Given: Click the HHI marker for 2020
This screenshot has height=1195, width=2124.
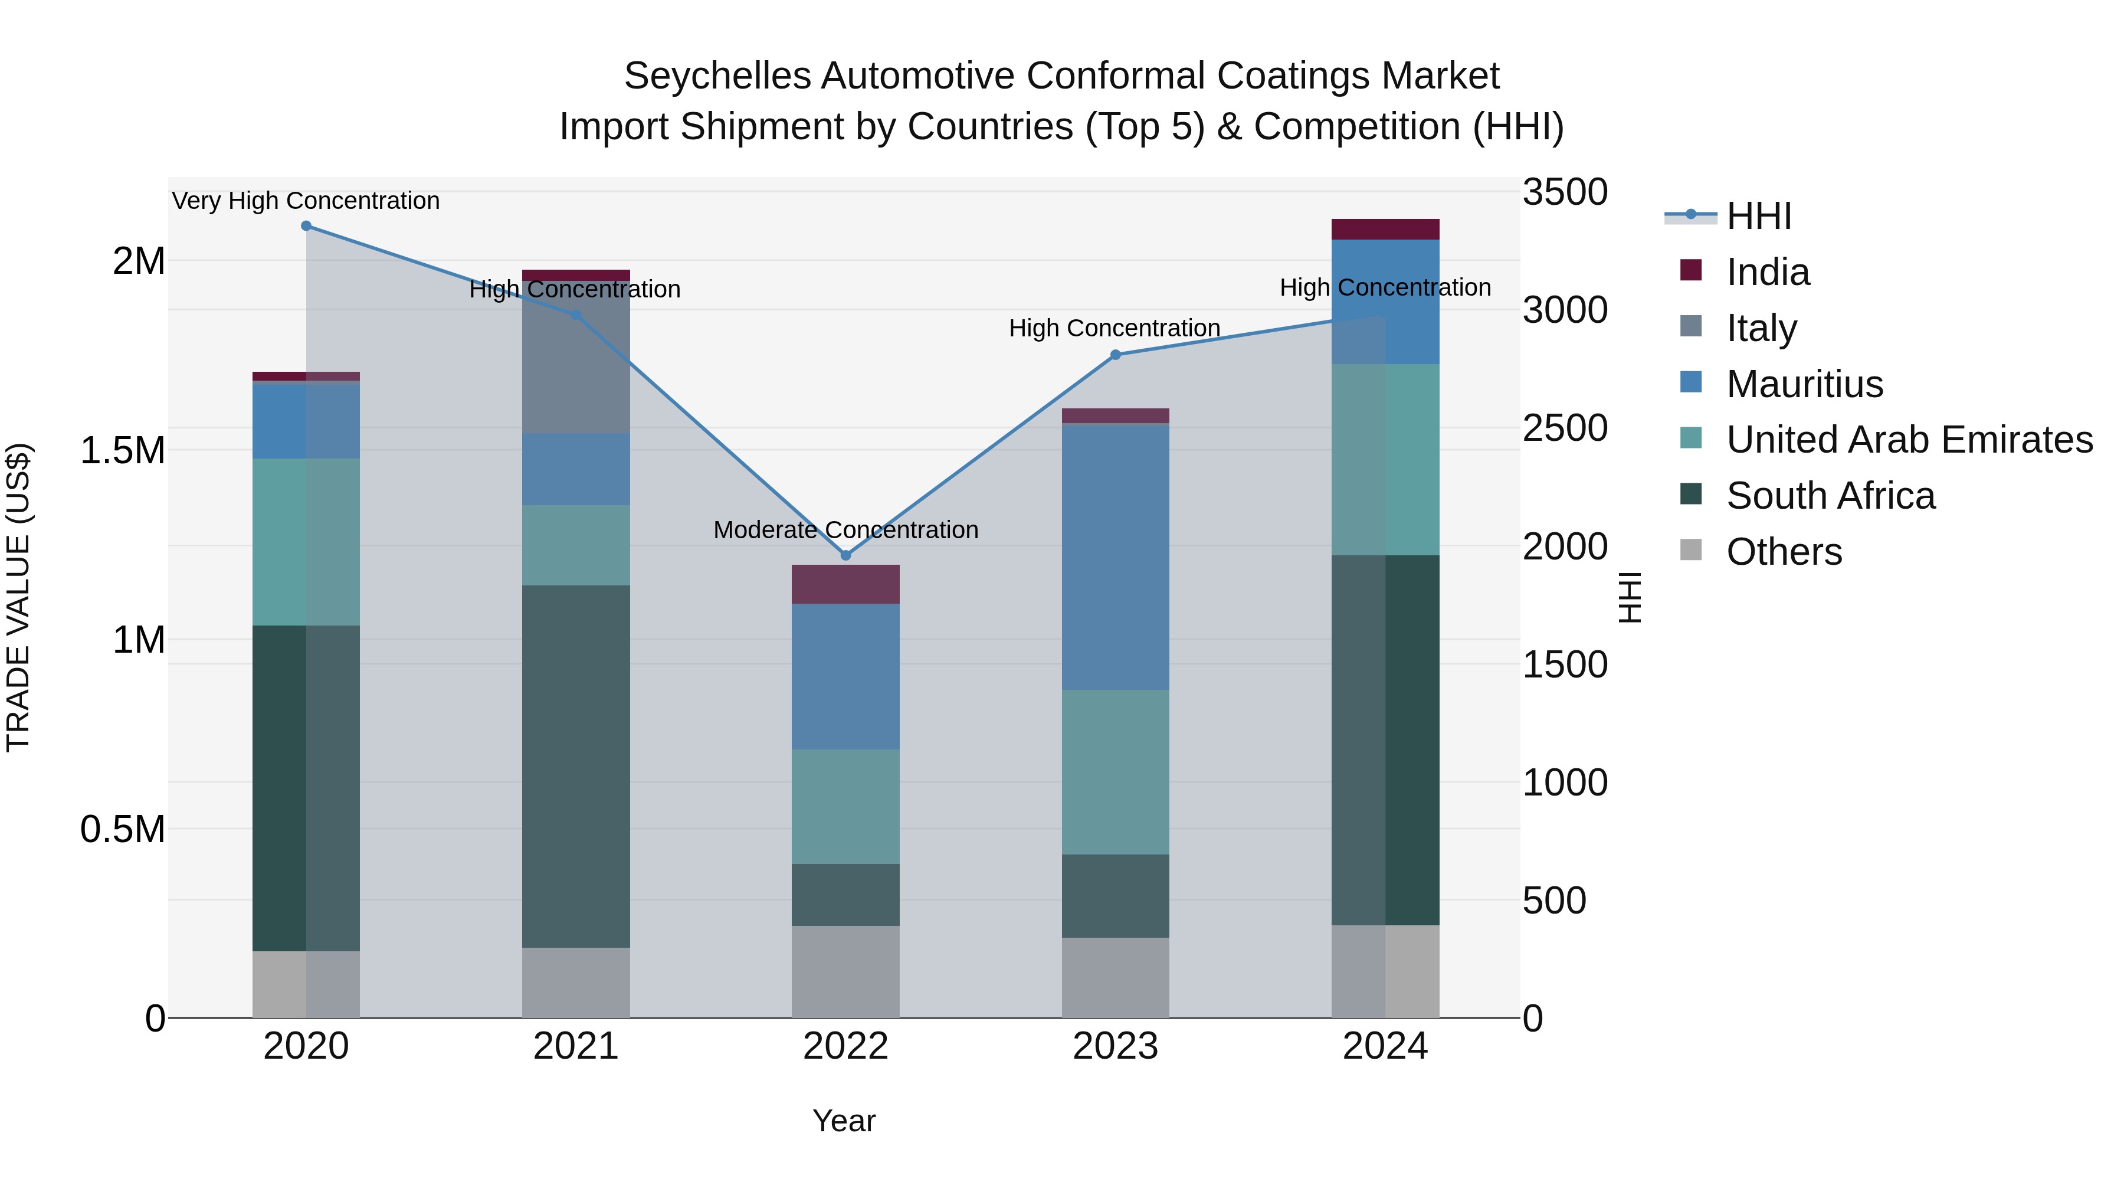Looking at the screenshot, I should tap(306, 226).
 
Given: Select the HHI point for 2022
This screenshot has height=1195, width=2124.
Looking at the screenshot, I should tap(845, 556).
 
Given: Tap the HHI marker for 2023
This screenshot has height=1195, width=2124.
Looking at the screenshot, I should tap(1115, 355).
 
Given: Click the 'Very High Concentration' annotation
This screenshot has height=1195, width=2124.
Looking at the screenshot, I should tap(306, 201).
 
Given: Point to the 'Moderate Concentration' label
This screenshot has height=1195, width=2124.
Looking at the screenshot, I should tap(845, 529).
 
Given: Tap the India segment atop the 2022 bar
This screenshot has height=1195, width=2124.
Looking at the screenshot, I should tap(845, 584).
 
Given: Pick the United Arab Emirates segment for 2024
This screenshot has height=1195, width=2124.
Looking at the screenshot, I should tap(1385, 459).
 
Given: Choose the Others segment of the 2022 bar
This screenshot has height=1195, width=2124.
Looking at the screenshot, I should tap(845, 971).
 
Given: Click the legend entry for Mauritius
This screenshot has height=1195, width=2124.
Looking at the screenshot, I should tap(1804, 384).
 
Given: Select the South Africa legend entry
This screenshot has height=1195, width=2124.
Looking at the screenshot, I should tap(1830, 496).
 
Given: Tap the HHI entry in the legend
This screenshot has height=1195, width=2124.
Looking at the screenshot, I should tap(1758, 216).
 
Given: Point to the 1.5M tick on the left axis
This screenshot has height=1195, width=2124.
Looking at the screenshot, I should tap(123, 450).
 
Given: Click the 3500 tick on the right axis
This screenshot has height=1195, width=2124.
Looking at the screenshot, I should tap(1564, 192).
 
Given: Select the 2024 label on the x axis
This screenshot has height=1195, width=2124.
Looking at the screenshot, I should tap(1385, 1046).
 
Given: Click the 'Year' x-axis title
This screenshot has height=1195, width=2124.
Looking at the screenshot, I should tap(844, 1121).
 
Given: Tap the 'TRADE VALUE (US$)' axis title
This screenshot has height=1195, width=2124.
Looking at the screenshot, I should tap(18, 597).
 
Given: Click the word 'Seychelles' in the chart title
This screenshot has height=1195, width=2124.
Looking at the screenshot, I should tap(716, 76).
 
